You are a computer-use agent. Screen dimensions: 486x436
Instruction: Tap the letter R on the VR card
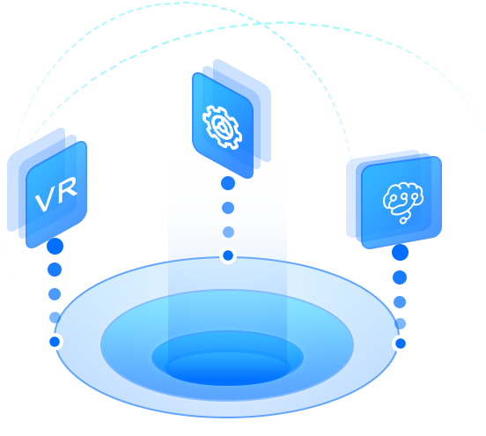pos(66,188)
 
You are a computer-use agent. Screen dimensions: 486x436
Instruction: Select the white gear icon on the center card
pos(222,127)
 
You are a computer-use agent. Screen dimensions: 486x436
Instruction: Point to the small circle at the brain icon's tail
pos(403,220)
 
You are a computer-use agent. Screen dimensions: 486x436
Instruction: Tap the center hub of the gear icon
pos(223,128)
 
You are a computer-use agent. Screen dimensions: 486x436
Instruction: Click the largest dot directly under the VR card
pos(55,247)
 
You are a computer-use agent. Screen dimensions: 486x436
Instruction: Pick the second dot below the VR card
pos(55,270)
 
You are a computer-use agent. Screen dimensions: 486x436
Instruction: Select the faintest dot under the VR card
pos(55,317)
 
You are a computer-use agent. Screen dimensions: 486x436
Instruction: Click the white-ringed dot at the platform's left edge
pos(55,342)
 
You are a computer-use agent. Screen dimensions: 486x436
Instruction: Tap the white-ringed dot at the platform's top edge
pos(228,255)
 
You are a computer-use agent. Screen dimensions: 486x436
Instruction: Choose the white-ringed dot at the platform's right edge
pos(401,344)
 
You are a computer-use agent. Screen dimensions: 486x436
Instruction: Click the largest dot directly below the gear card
pos(228,183)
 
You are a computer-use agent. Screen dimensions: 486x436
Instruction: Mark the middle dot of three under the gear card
pos(228,208)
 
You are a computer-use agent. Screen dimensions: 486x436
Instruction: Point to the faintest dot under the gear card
pos(228,232)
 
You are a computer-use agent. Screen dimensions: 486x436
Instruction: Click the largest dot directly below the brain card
pos(400,252)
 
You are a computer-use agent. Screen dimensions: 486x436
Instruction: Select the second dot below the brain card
pos(400,277)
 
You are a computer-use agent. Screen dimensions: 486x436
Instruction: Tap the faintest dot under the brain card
pos(400,324)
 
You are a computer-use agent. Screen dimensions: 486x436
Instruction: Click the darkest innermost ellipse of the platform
pos(227,369)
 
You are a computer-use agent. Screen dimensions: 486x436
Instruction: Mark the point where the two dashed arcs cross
pos(261,23)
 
